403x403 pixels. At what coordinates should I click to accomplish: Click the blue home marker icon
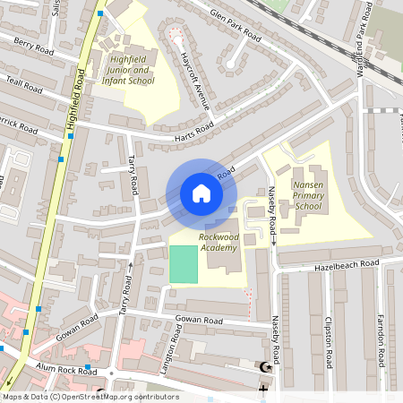point(201,193)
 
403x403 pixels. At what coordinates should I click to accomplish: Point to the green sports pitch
point(183,263)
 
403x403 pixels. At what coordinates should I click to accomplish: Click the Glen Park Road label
point(235,28)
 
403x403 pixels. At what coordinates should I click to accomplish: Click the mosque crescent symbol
point(263,367)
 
